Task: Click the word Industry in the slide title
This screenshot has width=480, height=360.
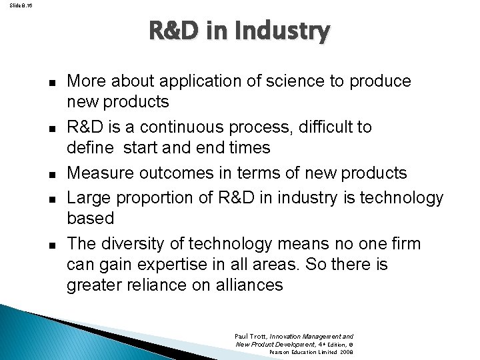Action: click(289, 31)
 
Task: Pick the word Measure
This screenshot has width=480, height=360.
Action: click(97, 173)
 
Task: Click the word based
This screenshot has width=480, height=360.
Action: click(90, 219)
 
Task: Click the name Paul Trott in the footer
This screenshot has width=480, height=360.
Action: click(251, 337)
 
